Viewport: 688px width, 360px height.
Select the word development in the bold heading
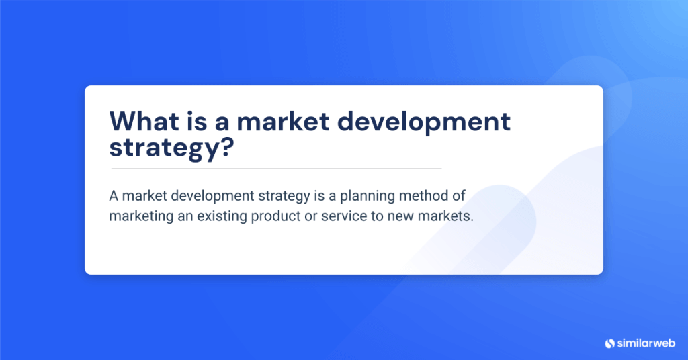click(431, 122)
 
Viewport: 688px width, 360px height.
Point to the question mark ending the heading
click(226, 147)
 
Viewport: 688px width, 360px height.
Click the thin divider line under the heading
click(275, 168)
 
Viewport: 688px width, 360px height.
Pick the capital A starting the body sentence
click(113, 195)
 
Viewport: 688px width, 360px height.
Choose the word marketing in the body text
click(138, 218)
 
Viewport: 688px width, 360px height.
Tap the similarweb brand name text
click(646, 343)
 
